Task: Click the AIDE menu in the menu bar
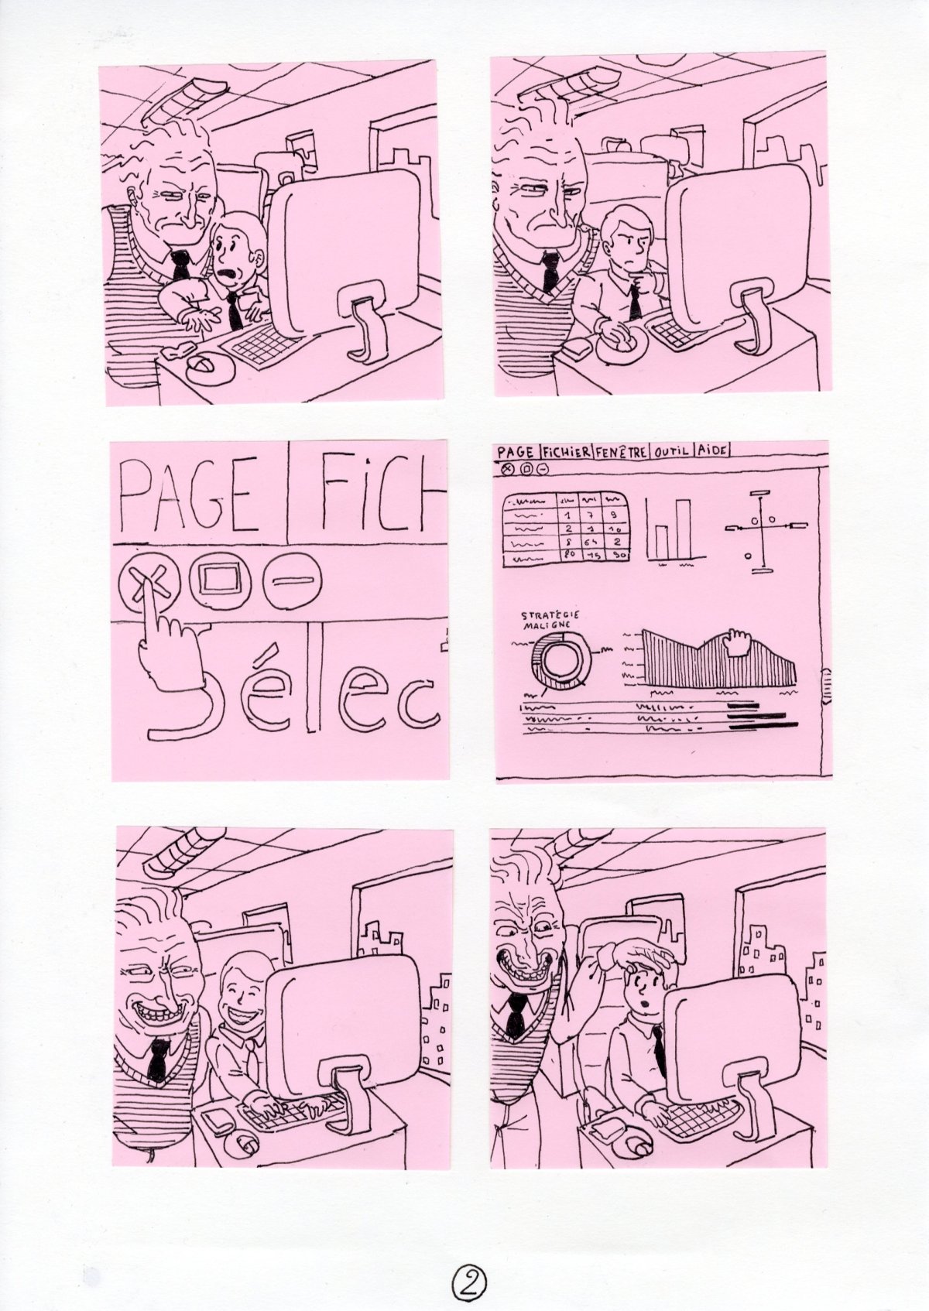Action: point(712,451)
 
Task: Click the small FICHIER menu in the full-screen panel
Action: point(567,451)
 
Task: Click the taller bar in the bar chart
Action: point(682,528)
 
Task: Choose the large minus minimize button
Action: point(290,579)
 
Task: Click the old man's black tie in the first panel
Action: point(180,265)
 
